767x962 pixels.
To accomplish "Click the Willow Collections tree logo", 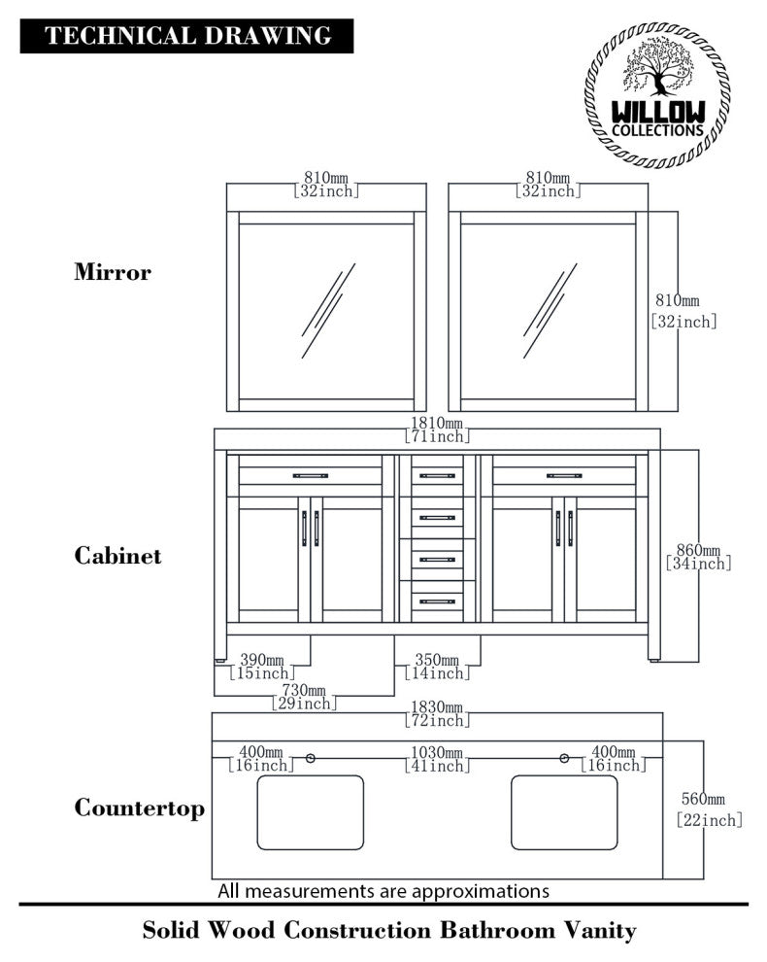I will coord(657,94).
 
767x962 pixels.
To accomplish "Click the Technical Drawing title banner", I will coord(187,37).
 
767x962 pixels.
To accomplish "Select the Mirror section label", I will coord(113,272).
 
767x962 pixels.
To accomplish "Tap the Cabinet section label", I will coord(117,556).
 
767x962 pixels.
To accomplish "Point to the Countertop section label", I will coord(140,808).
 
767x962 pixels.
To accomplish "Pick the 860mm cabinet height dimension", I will coord(698,557).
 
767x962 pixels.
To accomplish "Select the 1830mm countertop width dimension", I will coord(436,713).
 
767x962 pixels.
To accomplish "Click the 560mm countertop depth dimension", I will coord(709,809).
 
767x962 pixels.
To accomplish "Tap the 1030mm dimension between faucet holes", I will coord(436,759).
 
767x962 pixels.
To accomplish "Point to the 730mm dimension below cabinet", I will coord(303,696).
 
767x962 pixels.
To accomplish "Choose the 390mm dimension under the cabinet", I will coord(261,665).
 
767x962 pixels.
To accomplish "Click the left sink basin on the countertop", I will coord(311,812).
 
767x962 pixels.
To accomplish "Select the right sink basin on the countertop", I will coord(564,812).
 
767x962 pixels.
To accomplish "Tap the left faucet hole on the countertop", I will coord(311,758).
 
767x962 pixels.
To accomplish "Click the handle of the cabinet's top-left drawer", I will coord(311,476).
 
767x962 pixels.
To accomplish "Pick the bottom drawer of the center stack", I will coord(437,601).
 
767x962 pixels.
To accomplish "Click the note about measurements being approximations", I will coord(383,890).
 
